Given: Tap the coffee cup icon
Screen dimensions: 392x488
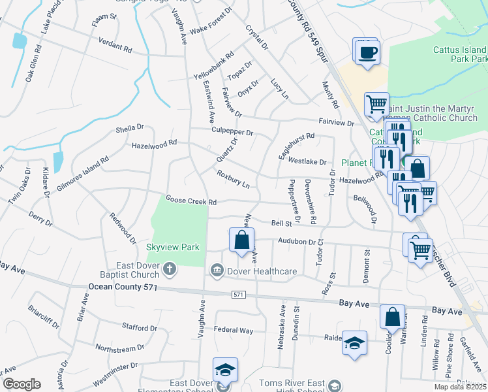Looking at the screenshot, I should tap(369, 52).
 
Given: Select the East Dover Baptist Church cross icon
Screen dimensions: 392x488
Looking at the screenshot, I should tap(169, 269).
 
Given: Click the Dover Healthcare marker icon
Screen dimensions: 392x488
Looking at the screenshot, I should tap(217, 270).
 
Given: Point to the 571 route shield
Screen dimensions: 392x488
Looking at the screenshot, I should tap(239, 295).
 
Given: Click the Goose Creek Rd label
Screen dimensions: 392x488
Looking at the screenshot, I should tap(191, 201).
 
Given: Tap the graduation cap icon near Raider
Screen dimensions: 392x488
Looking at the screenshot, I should tap(354, 343).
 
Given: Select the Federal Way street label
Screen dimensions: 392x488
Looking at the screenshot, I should tap(233, 331).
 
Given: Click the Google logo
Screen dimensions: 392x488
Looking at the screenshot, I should tap(22, 384).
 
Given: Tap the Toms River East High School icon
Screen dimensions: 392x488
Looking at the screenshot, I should tap(335, 385).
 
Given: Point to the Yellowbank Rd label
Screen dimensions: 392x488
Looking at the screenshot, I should tap(214, 66).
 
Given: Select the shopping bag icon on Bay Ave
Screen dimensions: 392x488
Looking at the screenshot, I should tap(393, 317).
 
